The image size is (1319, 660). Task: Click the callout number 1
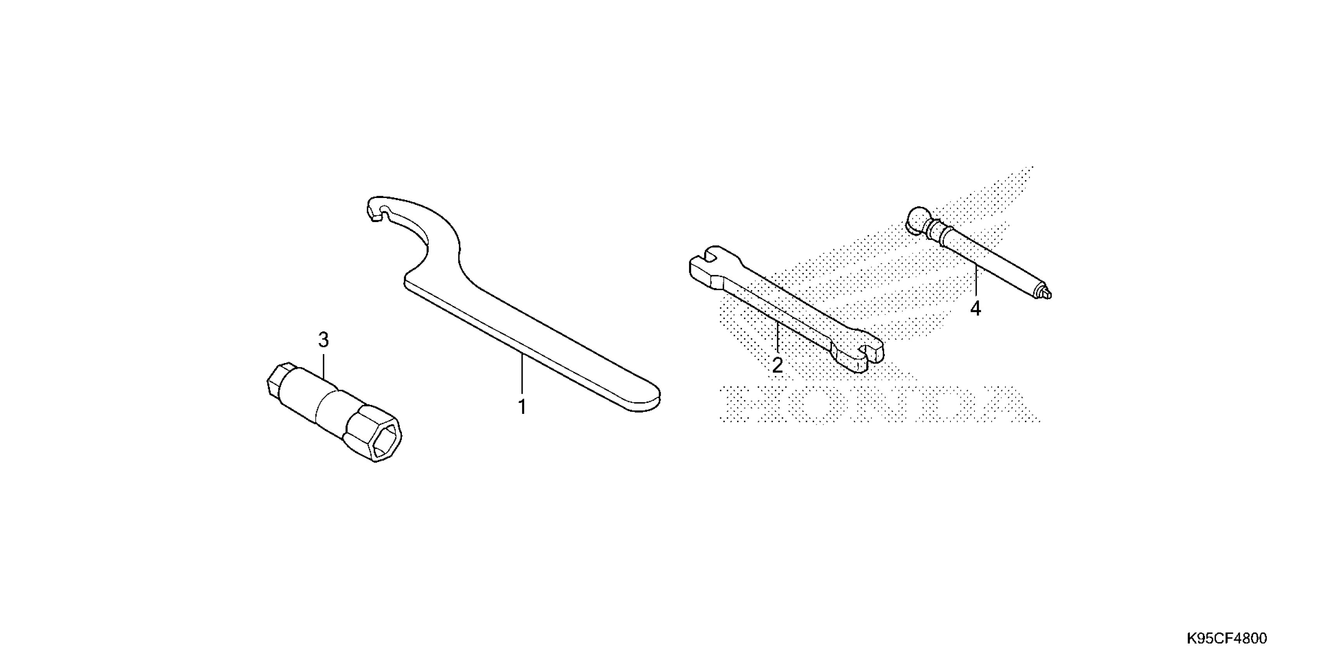coord(522,407)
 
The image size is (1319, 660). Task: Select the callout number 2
coord(777,365)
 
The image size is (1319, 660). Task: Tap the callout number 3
coord(323,340)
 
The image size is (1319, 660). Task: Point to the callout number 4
coord(975,309)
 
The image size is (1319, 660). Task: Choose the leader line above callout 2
coord(777,338)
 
